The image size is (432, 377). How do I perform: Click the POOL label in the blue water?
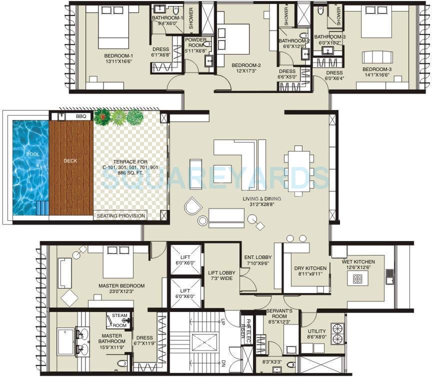pyautogui.click(x=32, y=154)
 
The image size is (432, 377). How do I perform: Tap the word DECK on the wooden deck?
pyautogui.click(x=70, y=161)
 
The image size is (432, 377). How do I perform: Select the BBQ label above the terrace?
pyautogui.click(x=80, y=116)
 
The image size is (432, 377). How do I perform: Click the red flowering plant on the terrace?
pyautogui.click(x=102, y=117)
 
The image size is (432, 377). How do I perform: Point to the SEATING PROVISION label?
pyautogui.click(x=120, y=216)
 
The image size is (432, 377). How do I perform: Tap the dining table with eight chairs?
pyautogui.click(x=299, y=170)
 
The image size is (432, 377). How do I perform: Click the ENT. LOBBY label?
pyautogui.click(x=257, y=258)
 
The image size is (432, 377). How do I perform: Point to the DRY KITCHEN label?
pyautogui.click(x=310, y=268)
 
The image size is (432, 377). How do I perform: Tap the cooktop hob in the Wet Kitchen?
pyautogui.click(x=357, y=279)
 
